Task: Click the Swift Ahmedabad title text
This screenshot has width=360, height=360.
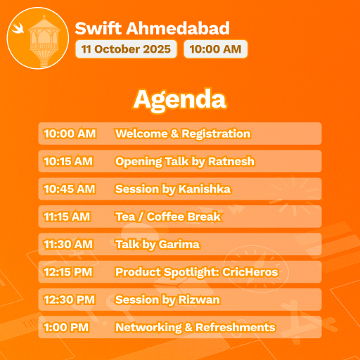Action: pos(152,29)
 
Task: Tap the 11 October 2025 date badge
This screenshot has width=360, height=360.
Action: pos(126,49)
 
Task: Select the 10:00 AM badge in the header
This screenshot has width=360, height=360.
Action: pos(215,49)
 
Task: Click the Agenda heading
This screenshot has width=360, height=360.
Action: pos(180,99)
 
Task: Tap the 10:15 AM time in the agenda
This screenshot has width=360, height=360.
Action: pos(68,162)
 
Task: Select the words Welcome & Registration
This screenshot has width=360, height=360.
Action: pos(182,134)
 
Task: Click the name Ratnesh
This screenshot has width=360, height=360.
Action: pos(231,162)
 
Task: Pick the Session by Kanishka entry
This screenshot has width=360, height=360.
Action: pos(172,189)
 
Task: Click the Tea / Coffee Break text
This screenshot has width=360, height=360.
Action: pos(167,217)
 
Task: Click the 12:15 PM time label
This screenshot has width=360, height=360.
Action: pos(69,272)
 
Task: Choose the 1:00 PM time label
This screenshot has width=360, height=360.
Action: pos(65,328)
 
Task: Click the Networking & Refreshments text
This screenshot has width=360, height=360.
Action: pos(195,328)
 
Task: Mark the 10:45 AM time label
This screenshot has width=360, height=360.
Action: pos(69,189)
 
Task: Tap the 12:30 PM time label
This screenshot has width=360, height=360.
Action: pos(69,300)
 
